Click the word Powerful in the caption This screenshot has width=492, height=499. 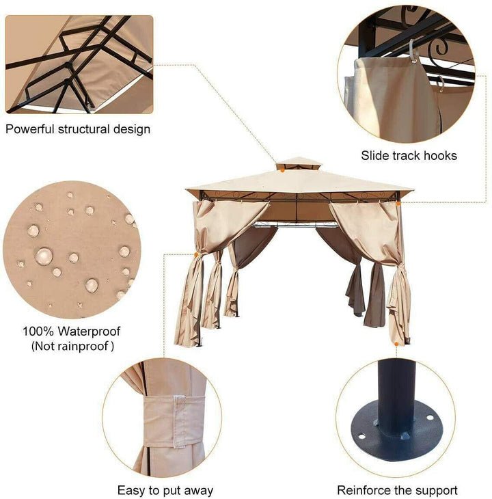[30, 129]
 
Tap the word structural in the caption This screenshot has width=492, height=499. [83, 129]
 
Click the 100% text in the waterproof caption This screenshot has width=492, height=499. [38, 332]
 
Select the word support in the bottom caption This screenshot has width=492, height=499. [437, 491]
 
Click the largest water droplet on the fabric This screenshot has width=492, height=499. [44, 256]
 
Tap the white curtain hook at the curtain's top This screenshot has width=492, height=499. [413, 51]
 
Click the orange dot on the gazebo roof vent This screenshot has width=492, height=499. [282, 171]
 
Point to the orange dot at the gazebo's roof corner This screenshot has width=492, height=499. [398, 202]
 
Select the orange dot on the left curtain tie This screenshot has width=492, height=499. [196, 254]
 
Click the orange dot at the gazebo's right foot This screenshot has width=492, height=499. [396, 344]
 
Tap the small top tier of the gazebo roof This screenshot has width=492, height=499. [299, 163]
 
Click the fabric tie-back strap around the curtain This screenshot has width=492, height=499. [174, 421]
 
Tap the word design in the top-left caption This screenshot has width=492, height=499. [132, 130]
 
